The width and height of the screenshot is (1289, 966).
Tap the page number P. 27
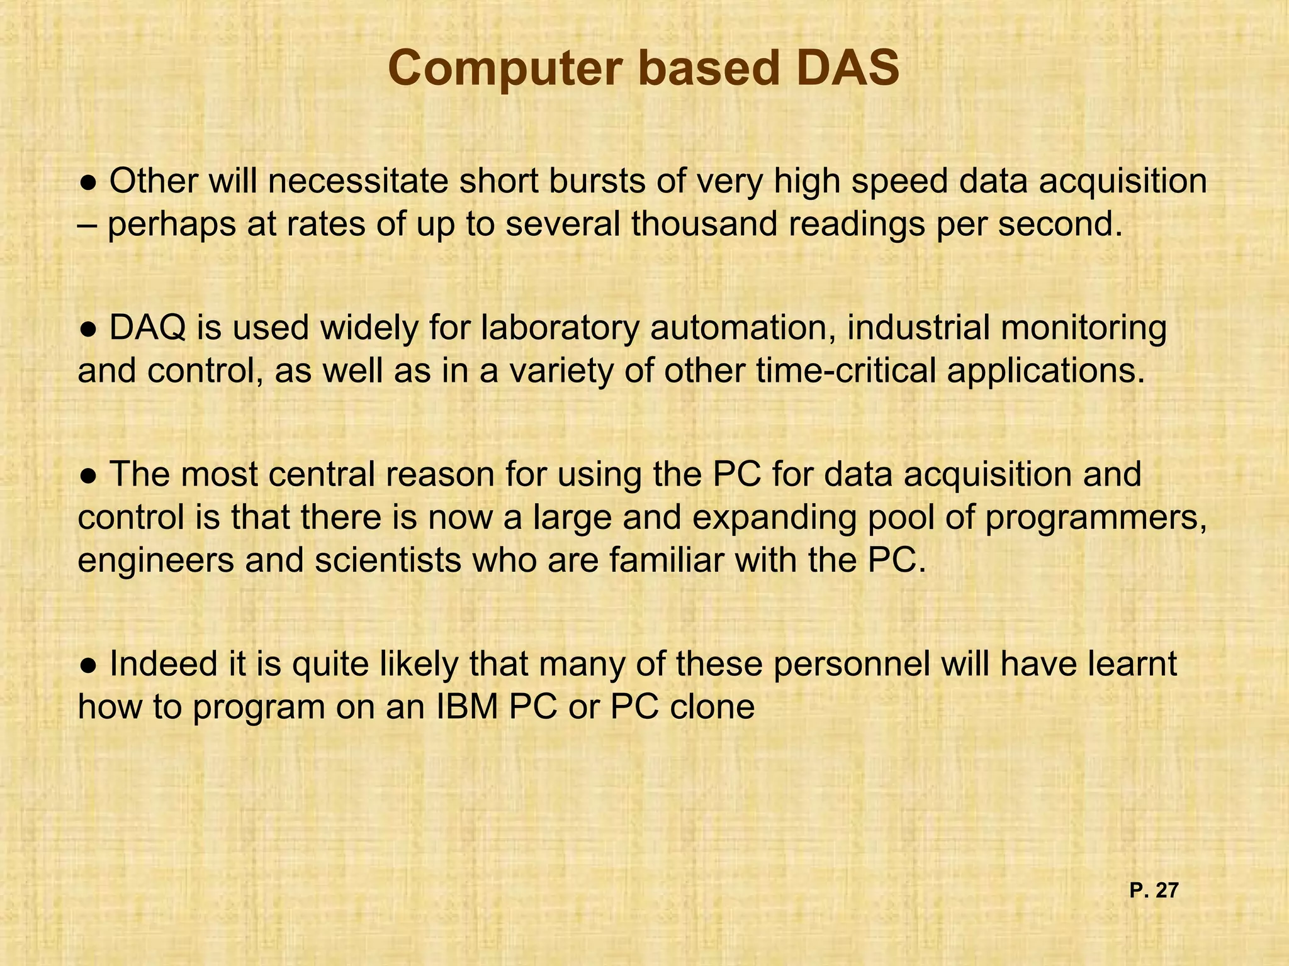[1153, 891]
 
